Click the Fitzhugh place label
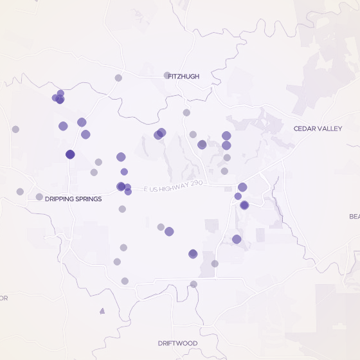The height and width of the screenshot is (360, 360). click(x=184, y=76)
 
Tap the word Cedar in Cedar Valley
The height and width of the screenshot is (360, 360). click(x=305, y=129)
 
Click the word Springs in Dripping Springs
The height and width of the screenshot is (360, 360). click(x=87, y=199)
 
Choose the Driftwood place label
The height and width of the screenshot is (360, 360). click(x=177, y=343)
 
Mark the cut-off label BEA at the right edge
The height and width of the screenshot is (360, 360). click(x=355, y=217)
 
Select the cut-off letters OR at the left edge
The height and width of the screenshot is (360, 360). click(x=3, y=298)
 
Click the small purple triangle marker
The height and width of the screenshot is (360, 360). click(x=102, y=311)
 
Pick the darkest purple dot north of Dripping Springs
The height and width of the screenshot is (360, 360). click(x=70, y=154)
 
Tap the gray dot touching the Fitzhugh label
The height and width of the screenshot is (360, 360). click(x=167, y=75)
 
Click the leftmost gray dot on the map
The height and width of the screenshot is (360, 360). click(x=15, y=129)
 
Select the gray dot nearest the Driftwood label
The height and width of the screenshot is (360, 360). click(x=194, y=284)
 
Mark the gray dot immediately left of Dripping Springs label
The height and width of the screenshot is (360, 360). click(x=39, y=197)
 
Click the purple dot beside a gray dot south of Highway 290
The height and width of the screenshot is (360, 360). click(x=169, y=231)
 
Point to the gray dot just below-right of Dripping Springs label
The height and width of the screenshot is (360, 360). click(x=122, y=209)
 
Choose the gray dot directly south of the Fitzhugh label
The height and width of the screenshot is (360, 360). click(x=186, y=113)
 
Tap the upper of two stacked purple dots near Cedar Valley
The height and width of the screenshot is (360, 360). click(x=226, y=136)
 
